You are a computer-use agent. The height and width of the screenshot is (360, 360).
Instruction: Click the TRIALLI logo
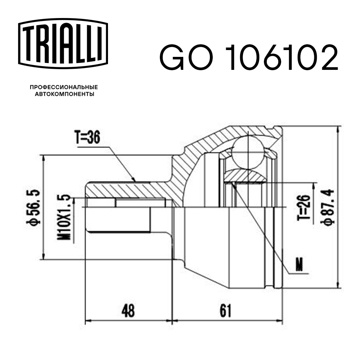63,42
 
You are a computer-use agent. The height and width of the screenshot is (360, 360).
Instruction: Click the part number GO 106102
248,58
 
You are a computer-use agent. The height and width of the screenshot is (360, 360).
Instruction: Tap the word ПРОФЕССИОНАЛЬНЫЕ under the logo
64,87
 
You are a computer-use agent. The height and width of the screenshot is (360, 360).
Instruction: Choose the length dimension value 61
225,311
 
